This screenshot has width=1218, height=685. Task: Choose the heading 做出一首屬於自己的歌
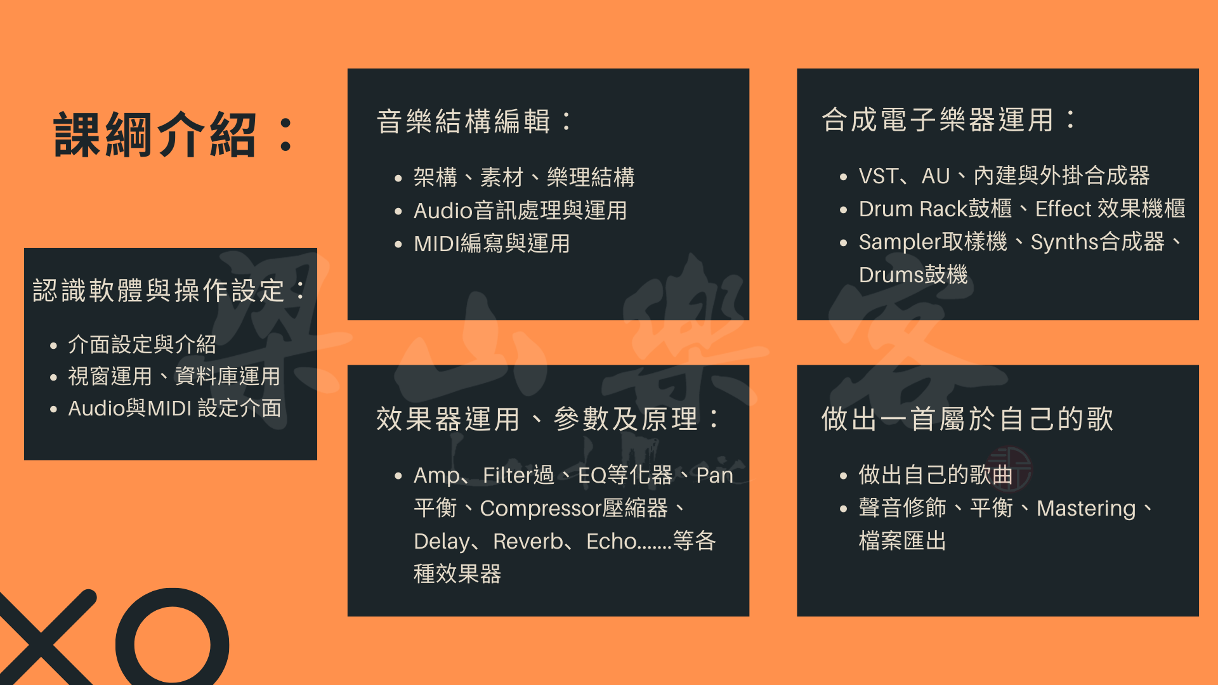coord(967,419)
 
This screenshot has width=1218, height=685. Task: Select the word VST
coord(877,176)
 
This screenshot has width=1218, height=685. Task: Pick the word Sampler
coord(900,242)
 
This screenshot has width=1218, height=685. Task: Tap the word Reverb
coord(528,541)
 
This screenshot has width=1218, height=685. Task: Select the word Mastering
coord(1086,509)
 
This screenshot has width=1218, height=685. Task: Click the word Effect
coord(1063,209)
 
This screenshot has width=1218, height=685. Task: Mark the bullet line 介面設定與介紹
coord(142,344)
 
